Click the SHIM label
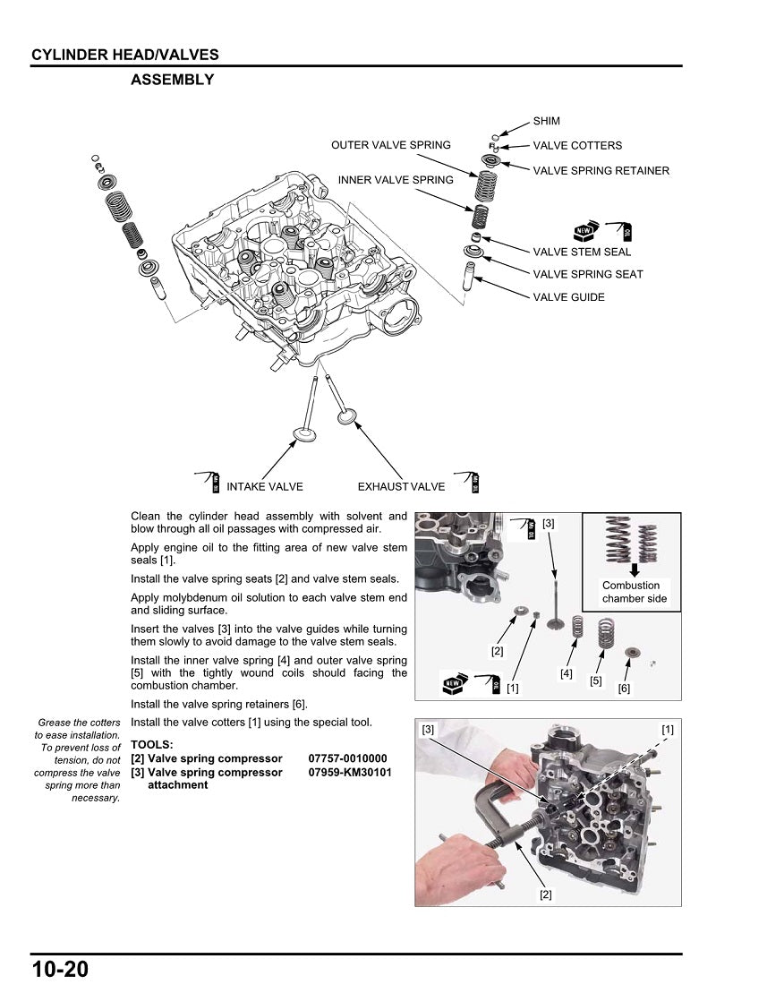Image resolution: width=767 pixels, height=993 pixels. (x=546, y=121)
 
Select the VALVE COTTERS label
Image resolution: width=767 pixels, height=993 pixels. (x=577, y=145)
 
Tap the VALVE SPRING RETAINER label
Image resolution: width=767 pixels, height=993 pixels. (x=601, y=170)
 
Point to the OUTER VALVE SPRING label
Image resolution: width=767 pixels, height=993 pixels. (x=391, y=145)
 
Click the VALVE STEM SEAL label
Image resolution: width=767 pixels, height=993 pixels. (x=582, y=252)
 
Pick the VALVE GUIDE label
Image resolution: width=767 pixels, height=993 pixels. (x=568, y=297)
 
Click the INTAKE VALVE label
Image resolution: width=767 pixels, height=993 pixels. (x=264, y=487)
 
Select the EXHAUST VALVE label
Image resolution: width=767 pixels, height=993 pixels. (x=401, y=487)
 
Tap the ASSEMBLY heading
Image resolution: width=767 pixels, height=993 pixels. (x=173, y=80)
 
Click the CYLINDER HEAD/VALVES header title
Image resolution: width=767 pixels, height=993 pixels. (x=125, y=55)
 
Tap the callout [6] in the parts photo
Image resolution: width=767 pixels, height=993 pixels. (x=624, y=688)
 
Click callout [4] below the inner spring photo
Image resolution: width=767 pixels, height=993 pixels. (x=567, y=673)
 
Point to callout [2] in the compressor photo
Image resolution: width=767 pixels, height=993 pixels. (x=545, y=894)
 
